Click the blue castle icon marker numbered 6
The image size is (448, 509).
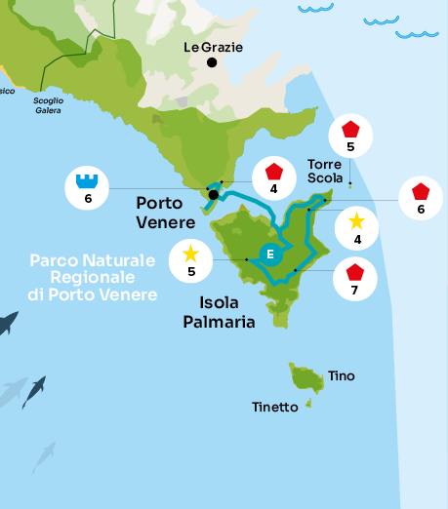(x=88, y=187)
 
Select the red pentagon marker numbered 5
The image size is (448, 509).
(x=350, y=137)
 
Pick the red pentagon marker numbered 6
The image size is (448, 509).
(x=421, y=199)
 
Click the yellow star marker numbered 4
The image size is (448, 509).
(x=357, y=228)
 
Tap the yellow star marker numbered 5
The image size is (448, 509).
(x=190, y=260)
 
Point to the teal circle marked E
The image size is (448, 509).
(x=271, y=255)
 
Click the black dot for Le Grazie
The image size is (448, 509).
(x=212, y=62)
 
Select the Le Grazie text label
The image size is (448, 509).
(x=214, y=46)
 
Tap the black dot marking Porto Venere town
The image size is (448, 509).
(x=213, y=193)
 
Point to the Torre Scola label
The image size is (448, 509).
(x=325, y=172)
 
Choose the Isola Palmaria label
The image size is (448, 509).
(x=220, y=311)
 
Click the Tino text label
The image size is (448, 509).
(x=342, y=375)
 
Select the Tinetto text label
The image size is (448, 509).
(x=274, y=407)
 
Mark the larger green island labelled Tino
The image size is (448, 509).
(x=306, y=377)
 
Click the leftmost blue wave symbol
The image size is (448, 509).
(x=315, y=9)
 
